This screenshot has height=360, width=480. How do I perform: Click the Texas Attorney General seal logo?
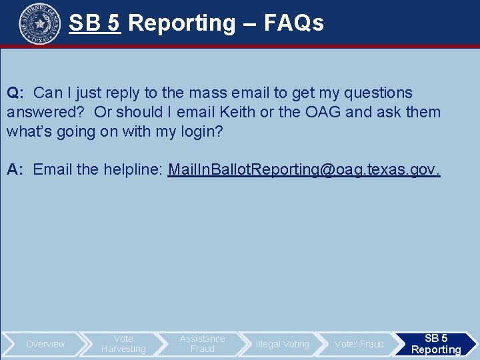[40, 23]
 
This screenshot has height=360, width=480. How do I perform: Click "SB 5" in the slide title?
[94, 23]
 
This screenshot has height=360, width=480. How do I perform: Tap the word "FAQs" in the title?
[294, 23]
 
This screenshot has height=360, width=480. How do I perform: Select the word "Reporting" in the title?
[181, 23]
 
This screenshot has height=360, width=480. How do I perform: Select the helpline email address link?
[304, 169]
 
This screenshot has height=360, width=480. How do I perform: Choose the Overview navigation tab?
[45, 344]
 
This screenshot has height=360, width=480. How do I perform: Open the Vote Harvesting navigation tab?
[123, 344]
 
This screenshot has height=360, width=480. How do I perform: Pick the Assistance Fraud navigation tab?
[202, 344]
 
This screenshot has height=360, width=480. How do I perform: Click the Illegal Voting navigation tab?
[282, 344]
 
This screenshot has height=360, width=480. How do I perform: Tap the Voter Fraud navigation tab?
[359, 344]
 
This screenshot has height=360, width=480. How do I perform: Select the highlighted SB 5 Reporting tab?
[436, 344]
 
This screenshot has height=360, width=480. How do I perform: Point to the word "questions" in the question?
[377, 93]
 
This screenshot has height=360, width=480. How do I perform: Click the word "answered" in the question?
[45, 111]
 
